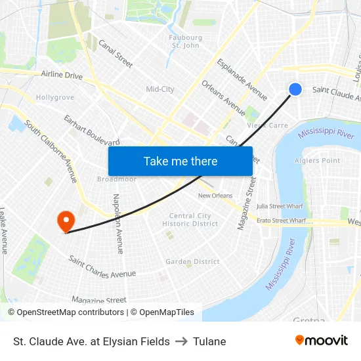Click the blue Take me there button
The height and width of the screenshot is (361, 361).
click(x=180, y=161)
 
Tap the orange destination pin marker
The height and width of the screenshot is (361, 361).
click(x=66, y=221)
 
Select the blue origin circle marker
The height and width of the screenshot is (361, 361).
click(x=295, y=89)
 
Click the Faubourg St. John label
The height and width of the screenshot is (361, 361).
click(x=186, y=42)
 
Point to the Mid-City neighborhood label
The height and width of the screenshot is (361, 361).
click(x=160, y=89)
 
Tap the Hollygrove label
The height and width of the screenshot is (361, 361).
click(x=54, y=97)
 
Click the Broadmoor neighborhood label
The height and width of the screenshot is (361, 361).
click(x=116, y=179)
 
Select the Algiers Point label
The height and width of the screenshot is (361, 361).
click(x=318, y=161)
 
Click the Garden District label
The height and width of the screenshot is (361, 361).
click(x=192, y=261)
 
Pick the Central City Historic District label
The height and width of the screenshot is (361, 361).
click(x=190, y=220)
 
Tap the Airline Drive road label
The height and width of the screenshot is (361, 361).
click(x=62, y=76)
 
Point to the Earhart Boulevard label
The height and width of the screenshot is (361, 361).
click(x=91, y=130)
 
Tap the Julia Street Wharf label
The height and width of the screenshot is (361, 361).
click(x=280, y=206)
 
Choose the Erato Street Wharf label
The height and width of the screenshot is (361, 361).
click(x=281, y=221)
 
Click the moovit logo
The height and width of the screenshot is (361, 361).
click(x=322, y=341)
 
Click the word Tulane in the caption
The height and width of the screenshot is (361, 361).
click(x=209, y=341)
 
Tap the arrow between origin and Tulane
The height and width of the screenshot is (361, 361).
click(x=181, y=341)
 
